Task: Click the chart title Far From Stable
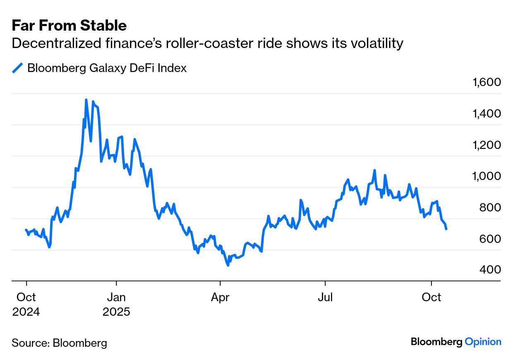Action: pyautogui.click(x=69, y=26)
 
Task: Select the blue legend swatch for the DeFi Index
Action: pyautogui.click(x=17, y=68)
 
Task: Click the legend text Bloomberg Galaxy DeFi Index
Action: pyautogui.click(x=107, y=68)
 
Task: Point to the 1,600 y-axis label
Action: pyautogui.click(x=487, y=82)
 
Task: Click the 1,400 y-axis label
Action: pyautogui.click(x=487, y=113)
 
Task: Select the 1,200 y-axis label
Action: pyautogui.click(x=487, y=145)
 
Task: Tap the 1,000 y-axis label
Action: pyautogui.click(x=487, y=176)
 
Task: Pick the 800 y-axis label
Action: pyautogui.click(x=490, y=207)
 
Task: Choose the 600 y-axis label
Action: pyautogui.click(x=490, y=239)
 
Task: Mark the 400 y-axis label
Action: pyautogui.click(x=490, y=270)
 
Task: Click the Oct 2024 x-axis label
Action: pyautogui.click(x=26, y=304)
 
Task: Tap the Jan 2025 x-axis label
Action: pyautogui.click(x=116, y=304)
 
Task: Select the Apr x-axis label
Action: pyautogui.click(x=220, y=297)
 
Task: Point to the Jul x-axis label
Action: pyautogui.click(x=325, y=297)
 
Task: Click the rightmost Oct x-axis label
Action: pyautogui.click(x=431, y=297)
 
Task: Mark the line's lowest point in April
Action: pyautogui.click(x=228, y=264)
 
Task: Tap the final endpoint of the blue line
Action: pyautogui.click(x=446, y=229)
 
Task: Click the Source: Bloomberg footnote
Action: pyautogui.click(x=59, y=343)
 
